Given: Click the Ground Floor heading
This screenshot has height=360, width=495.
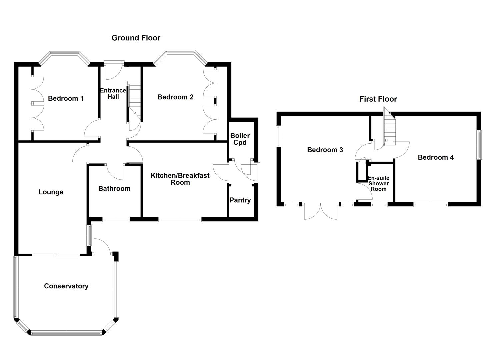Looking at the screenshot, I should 136,38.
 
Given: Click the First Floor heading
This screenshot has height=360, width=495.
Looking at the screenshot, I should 378,99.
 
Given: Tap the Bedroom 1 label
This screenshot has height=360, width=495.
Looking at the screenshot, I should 66,98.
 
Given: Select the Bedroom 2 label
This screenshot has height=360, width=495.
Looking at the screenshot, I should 175,97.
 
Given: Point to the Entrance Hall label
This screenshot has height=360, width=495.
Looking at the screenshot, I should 113,93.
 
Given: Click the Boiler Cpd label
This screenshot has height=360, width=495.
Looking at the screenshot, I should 240,139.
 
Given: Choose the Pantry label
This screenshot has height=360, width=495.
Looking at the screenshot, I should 240,200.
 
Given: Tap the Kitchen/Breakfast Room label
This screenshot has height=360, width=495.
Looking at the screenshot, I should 180,179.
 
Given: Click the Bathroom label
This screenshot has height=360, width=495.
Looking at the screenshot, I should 114,189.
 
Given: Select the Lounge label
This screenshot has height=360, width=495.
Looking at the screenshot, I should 51,192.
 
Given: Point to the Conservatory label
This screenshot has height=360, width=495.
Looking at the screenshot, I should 66,286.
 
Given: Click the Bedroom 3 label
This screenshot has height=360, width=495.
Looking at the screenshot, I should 325,150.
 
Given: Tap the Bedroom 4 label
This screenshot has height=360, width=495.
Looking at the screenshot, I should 436,157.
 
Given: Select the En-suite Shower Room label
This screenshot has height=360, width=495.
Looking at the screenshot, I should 378,183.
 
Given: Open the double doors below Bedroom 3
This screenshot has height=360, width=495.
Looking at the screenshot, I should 321,211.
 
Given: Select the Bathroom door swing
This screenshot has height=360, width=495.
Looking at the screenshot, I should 114,172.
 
